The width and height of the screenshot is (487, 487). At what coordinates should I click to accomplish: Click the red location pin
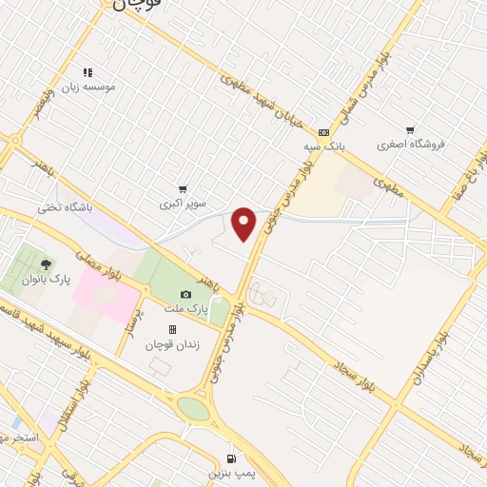point(244,224)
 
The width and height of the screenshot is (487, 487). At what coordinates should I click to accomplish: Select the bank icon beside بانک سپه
point(323,133)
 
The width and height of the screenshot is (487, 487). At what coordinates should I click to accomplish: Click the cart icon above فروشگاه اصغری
point(409,130)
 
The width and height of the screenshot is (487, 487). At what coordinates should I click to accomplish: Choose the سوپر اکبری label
point(181,204)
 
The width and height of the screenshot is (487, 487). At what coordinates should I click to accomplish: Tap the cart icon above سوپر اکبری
point(182,189)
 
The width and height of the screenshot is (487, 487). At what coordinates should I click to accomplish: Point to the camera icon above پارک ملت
point(186,295)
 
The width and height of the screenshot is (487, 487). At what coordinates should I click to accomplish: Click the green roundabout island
point(193,408)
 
